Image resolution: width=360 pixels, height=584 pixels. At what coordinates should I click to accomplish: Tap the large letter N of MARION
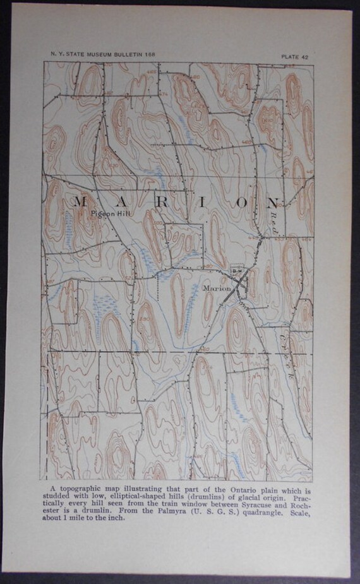tap(272, 203)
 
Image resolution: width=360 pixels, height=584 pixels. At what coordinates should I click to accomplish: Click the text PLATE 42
tap(296, 57)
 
